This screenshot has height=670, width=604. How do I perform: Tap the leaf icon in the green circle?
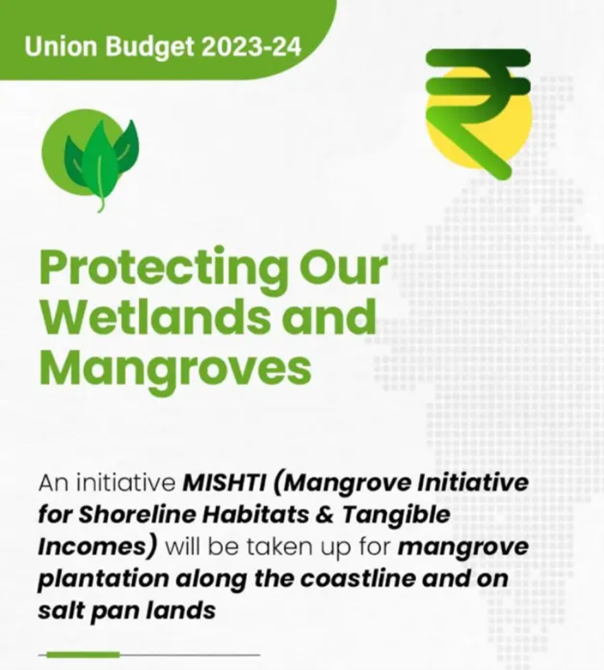101,165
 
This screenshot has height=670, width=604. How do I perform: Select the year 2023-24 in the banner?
251,46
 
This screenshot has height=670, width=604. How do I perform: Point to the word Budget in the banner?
149,48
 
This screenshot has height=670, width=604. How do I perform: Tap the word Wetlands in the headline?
155,317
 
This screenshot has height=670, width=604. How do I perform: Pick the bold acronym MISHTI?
225,483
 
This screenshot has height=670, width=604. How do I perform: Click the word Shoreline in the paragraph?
136,515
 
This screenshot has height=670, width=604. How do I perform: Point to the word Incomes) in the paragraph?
97,547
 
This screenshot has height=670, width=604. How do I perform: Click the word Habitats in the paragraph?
255,515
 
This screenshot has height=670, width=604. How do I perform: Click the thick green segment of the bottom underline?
83,655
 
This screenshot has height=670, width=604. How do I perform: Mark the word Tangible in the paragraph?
396,516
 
